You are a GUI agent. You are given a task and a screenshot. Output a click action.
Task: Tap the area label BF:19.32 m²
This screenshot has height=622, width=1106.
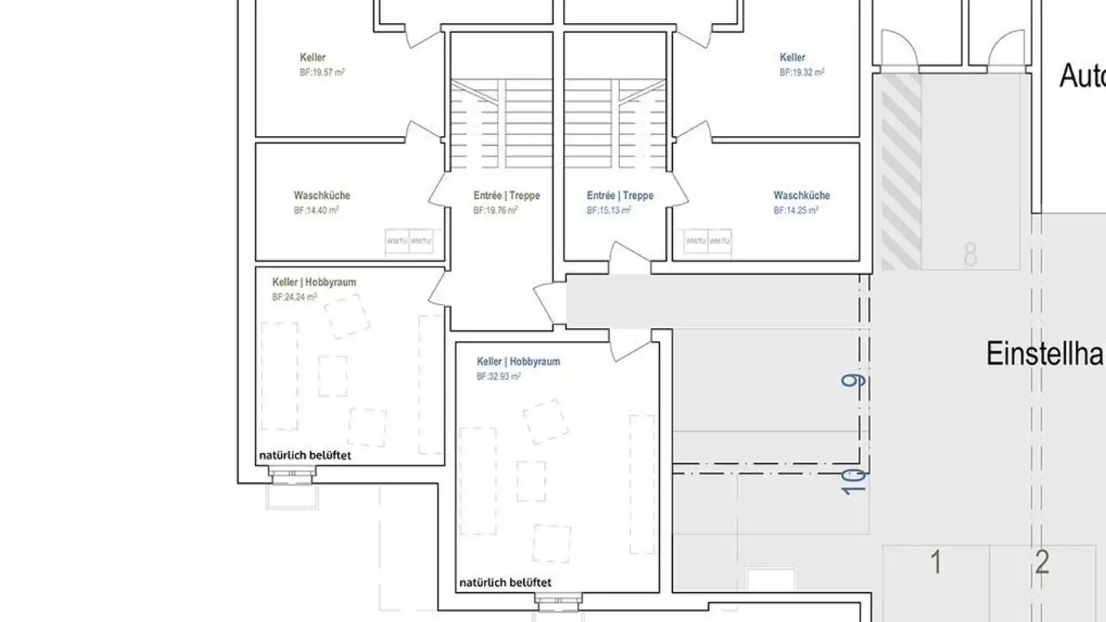click(802, 72)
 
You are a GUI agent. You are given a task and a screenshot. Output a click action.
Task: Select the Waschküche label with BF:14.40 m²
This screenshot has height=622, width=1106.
click(321, 196)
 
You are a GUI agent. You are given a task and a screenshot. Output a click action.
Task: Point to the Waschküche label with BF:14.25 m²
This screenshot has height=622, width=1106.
click(801, 196)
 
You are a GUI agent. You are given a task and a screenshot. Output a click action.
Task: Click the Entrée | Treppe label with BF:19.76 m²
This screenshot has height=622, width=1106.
click(506, 196)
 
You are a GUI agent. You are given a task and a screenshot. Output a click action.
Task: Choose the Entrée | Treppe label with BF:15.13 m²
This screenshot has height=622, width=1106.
click(620, 196)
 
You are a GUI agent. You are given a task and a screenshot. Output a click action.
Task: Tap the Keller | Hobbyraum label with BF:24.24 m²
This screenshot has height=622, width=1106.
click(314, 283)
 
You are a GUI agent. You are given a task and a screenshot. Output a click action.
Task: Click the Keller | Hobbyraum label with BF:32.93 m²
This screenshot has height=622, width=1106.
click(518, 362)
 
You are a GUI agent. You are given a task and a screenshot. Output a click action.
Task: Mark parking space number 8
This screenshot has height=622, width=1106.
click(970, 254)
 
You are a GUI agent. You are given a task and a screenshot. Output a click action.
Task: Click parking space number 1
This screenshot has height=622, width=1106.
click(935, 563)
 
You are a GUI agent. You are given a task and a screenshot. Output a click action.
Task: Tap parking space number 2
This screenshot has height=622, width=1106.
click(1041, 563)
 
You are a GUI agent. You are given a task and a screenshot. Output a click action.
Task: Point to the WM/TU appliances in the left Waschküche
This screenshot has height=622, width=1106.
click(409, 241)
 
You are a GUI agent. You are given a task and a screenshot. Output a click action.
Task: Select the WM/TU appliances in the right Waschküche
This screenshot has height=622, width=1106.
click(707, 241)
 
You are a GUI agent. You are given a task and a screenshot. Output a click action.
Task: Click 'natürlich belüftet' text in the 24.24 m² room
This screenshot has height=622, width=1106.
click(305, 455)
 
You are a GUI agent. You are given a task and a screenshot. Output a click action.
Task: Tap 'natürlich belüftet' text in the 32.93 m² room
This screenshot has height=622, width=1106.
click(505, 582)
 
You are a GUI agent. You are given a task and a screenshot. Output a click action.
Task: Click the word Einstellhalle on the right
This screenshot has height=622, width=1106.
click(1045, 354)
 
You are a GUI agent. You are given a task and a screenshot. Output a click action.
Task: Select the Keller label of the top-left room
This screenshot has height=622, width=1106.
click(313, 58)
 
